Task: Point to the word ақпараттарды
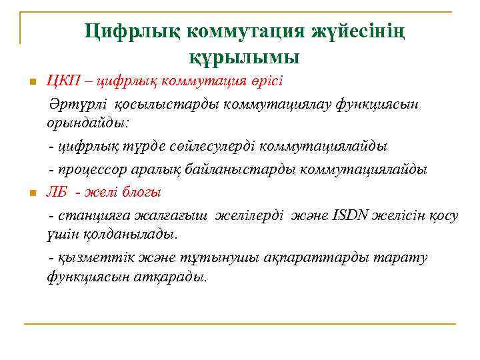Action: coord(315,257)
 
